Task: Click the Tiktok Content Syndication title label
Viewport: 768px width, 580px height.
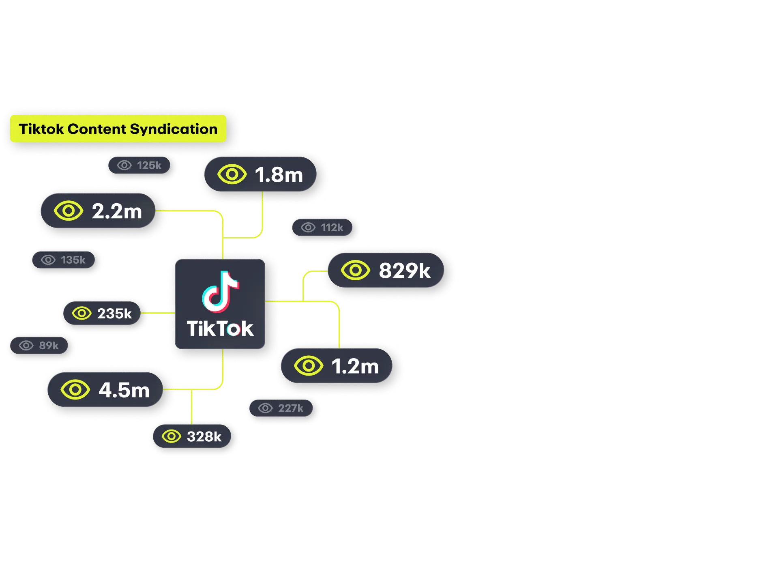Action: (x=118, y=129)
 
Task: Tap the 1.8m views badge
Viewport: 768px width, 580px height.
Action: (x=260, y=174)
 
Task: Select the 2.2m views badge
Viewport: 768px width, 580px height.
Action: (x=98, y=211)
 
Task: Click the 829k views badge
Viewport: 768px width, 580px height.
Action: (x=386, y=271)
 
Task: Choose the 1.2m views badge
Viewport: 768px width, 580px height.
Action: (x=337, y=366)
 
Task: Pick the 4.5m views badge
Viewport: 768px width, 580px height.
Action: (x=105, y=390)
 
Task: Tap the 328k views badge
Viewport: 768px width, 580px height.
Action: (x=192, y=436)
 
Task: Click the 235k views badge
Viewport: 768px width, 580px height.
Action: (x=102, y=313)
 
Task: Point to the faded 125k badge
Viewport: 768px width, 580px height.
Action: (x=139, y=165)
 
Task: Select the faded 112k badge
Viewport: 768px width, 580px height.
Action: (x=322, y=228)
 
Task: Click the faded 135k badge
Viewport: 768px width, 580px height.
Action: (x=63, y=260)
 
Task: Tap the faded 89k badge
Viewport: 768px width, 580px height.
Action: (x=39, y=346)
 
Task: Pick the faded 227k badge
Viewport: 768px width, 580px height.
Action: (x=281, y=408)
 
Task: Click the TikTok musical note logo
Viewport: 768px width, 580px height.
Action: (x=220, y=292)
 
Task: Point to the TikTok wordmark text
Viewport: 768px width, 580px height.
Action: (x=220, y=329)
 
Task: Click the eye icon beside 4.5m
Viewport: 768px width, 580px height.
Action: (x=75, y=390)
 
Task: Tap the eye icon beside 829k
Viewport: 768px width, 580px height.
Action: (x=355, y=271)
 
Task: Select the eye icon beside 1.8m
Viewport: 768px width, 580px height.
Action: (x=232, y=174)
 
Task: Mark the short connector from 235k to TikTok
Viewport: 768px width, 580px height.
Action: (x=158, y=313)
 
